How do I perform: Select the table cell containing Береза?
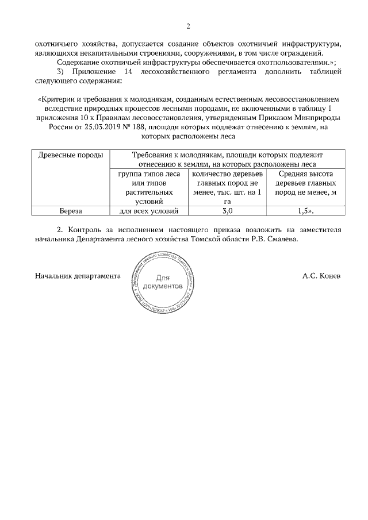tap(70, 211)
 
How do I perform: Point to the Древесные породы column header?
tap(70, 155)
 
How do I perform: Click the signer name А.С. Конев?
tap(321, 276)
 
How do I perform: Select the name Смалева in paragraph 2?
tap(284, 239)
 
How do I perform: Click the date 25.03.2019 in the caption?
tap(116, 128)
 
